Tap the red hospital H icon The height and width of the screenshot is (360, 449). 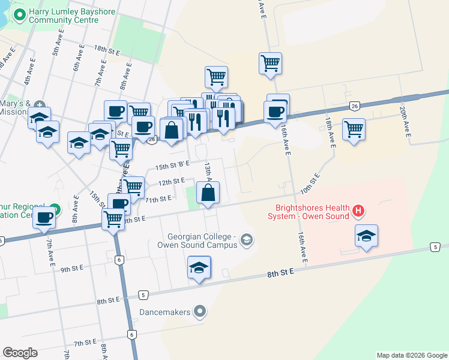[x=358, y=211]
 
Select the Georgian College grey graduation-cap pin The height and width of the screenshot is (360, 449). [x=246, y=241]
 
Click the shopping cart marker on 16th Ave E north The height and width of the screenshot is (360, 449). [x=271, y=63]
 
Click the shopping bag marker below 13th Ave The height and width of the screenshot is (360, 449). [x=208, y=193]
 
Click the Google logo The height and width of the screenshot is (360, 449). [x=20, y=353]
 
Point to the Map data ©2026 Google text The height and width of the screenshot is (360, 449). [x=411, y=355]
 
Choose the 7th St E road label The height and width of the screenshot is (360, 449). [x=86, y=343]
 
